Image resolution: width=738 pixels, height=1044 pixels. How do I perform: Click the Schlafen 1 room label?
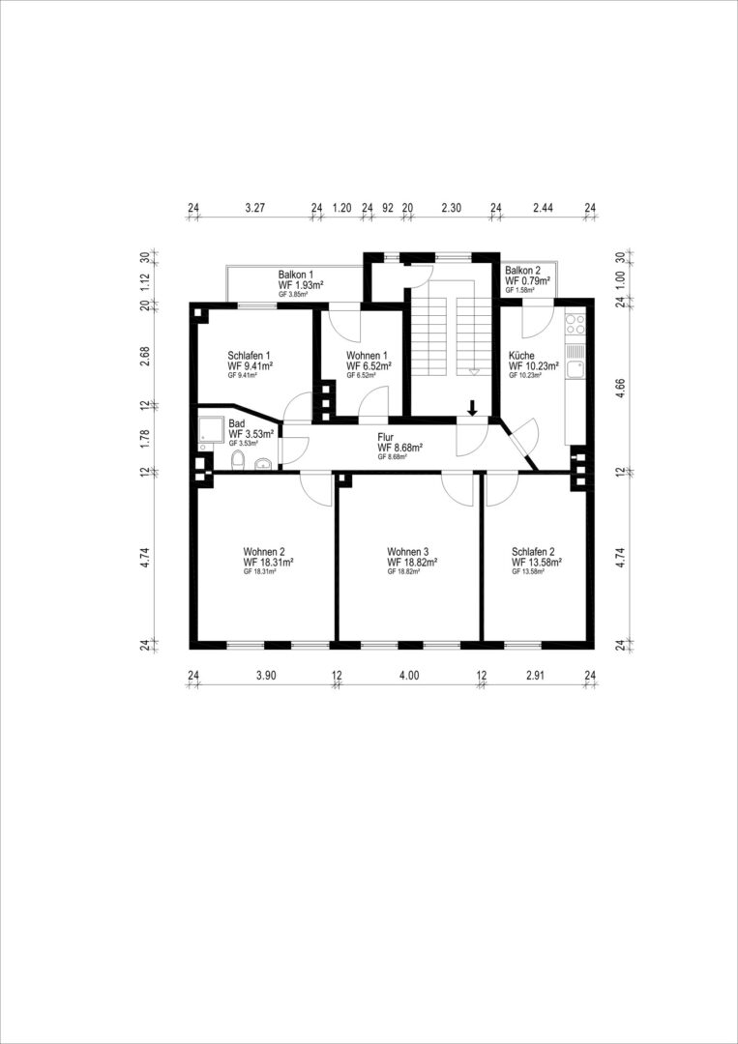[249, 356]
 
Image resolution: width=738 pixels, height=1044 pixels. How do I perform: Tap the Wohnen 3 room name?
[407, 552]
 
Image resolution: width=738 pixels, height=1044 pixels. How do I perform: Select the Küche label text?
[521, 356]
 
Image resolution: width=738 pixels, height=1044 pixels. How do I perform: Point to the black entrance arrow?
[472, 408]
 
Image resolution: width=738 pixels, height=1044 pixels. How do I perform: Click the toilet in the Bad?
[237, 459]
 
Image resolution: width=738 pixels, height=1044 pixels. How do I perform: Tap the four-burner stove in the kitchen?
[575, 324]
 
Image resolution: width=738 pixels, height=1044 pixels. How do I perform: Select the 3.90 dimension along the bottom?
[266, 676]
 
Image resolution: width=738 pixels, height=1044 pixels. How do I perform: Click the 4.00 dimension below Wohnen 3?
[409, 676]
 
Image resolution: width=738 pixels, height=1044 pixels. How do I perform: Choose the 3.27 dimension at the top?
[255, 207]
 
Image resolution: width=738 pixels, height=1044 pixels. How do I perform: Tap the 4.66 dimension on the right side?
[620, 388]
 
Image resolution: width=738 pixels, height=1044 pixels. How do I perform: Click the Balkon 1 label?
[296, 275]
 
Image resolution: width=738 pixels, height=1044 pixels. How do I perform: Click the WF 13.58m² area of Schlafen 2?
[537, 562]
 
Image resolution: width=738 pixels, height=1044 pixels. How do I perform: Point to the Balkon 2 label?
[523, 271]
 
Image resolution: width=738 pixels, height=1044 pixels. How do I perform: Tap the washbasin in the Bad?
[265, 463]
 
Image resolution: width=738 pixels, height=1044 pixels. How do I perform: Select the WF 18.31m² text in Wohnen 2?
[269, 562]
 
